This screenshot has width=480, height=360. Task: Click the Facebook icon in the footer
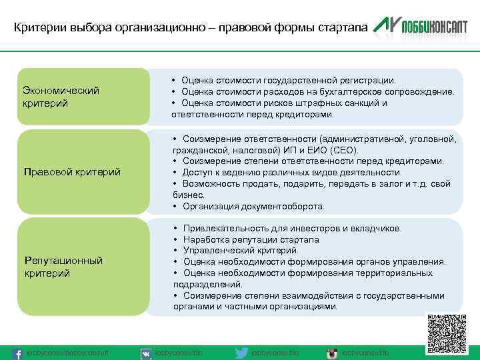(19, 352)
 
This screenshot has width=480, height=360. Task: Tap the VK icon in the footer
(145, 353)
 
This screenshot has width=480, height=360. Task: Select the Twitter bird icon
(242, 353)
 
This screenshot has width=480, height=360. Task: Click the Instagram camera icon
(331, 353)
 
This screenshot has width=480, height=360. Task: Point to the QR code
(447, 333)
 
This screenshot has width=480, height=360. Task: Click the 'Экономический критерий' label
(61, 97)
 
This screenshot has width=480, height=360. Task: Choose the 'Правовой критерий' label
(72, 172)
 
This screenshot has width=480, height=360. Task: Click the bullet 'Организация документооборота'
(253, 207)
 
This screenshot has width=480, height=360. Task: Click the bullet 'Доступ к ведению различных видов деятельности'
(290, 173)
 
